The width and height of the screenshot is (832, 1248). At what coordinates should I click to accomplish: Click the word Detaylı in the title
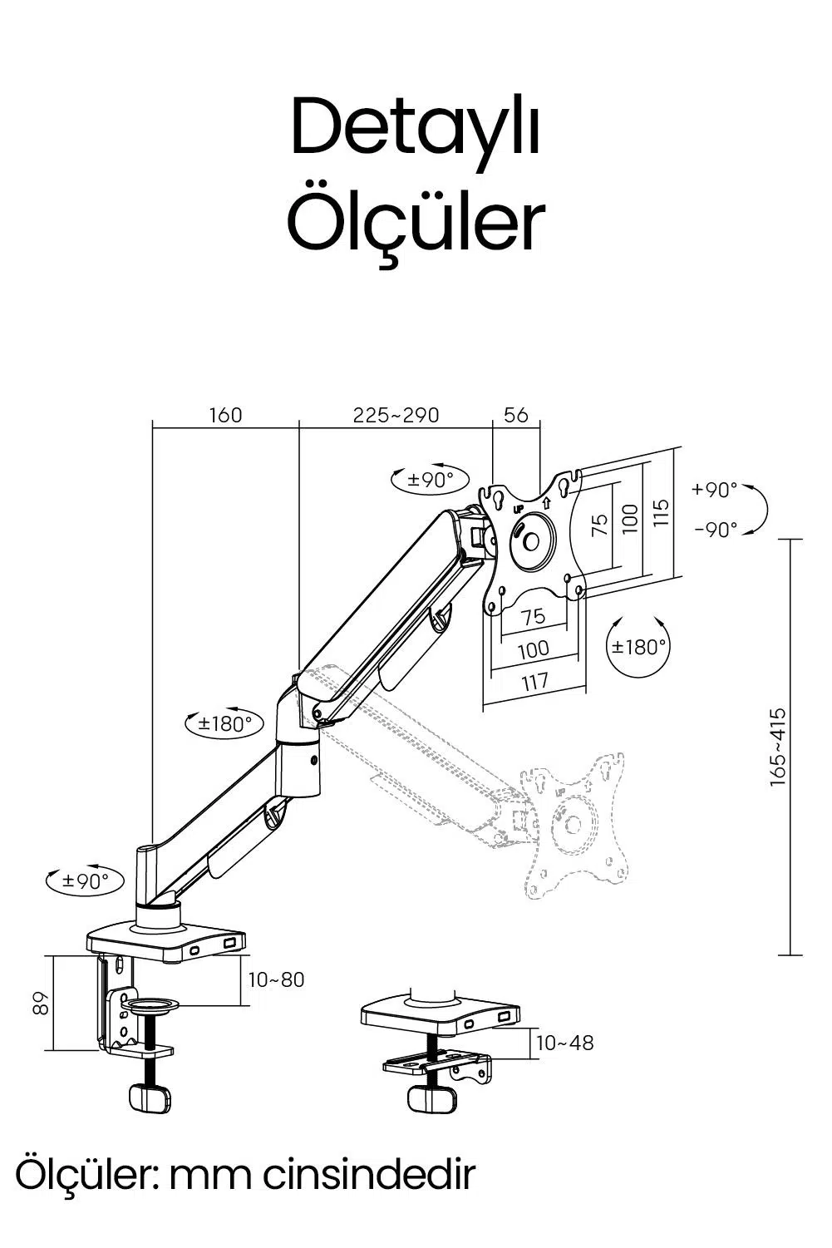coord(416,127)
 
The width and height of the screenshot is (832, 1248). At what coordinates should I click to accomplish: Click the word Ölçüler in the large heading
coord(416,222)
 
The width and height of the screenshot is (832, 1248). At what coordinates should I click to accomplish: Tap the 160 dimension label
coord(225,415)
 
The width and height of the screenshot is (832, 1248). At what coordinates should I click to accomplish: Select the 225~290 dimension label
coord(396,415)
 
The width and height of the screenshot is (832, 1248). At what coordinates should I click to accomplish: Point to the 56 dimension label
coord(515,415)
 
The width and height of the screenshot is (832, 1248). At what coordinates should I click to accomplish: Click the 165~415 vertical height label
coord(777,747)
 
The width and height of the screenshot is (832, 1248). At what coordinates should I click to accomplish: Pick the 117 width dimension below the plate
coord(534,682)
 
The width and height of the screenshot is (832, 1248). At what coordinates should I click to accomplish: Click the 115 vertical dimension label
coord(660,512)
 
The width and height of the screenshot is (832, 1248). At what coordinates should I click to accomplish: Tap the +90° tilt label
coord(715,490)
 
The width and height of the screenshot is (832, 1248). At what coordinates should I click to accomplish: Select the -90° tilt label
coord(716,530)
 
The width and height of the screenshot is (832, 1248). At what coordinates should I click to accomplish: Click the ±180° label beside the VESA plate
coord(639,647)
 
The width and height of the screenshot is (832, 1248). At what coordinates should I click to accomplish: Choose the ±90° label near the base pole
coord(86,881)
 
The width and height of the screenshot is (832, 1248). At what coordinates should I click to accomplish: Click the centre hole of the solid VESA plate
coord(531,541)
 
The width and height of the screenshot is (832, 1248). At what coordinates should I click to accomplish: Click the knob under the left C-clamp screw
coord(150,1098)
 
